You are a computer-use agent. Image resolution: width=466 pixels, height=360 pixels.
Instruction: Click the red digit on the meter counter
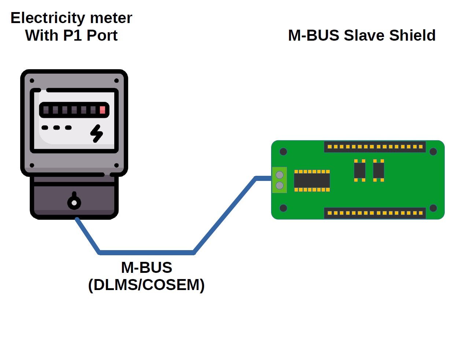[x=103, y=110]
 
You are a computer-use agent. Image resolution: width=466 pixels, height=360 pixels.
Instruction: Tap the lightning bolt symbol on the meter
[x=97, y=133]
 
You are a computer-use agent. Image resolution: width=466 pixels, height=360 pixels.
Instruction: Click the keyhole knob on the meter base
[x=74, y=202]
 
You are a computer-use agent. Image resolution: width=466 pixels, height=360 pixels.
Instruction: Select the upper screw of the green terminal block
[x=280, y=174]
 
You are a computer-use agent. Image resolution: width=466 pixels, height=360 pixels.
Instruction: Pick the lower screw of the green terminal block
[x=280, y=186]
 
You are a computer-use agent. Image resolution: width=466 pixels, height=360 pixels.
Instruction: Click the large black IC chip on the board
[x=312, y=181]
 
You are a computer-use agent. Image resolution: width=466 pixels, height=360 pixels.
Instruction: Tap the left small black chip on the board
[x=360, y=170]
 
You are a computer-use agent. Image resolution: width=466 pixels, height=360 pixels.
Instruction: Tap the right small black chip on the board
[x=378, y=170]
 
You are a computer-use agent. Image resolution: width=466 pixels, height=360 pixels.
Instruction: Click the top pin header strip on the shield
[x=375, y=147]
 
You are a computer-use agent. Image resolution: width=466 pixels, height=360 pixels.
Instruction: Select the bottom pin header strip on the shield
[x=375, y=213]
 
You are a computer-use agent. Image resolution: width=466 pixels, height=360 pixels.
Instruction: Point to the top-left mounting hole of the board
[x=283, y=152]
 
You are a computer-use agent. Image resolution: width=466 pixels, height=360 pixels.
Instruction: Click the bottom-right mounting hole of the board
[x=433, y=208]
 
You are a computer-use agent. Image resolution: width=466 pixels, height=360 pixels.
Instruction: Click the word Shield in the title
[x=412, y=36]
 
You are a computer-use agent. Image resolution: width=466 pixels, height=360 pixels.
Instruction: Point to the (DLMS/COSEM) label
[x=146, y=285]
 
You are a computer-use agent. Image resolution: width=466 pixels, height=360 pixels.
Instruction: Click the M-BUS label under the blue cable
[x=146, y=268]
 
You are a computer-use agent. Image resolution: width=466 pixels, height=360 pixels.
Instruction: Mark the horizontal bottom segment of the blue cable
[x=147, y=252]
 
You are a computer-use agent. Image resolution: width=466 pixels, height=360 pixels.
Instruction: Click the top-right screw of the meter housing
[x=116, y=81]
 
